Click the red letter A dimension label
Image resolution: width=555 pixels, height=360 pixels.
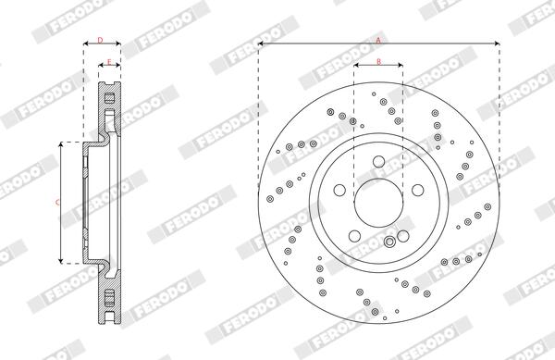(378, 40)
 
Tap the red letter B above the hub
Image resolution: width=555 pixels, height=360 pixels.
(378, 62)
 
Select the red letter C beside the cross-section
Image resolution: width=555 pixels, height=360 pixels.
(57, 203)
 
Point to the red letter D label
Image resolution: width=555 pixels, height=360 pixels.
(100, 40)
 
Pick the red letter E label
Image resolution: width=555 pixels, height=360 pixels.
(109, 62)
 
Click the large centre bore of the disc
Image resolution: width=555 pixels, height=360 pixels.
(378, 203)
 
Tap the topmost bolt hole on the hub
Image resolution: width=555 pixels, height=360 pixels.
(378, 162)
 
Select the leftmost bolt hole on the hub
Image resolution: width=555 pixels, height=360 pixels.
(339, 190)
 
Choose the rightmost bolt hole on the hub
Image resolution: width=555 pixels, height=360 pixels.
(418, 190)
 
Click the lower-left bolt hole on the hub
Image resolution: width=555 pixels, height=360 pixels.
(354, 236)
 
